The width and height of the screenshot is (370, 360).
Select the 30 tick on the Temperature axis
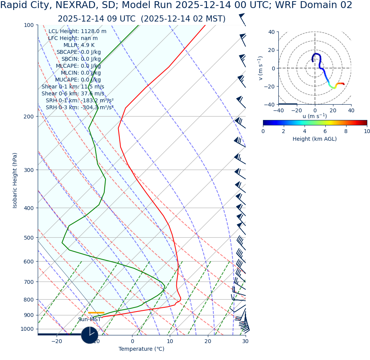tap(245, 341)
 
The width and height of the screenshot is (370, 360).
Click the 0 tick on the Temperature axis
tap(132, 341)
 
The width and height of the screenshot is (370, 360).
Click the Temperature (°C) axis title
tap(141, 349)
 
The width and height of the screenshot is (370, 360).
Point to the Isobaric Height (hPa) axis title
tap(15, 180)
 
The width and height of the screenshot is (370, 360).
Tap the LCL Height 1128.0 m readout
tap(77, 32)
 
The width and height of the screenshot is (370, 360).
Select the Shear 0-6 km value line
tap(73, 94)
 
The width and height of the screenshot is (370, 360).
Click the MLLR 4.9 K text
tap(79, 45)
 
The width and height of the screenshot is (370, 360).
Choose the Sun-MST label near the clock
tap(89, 320)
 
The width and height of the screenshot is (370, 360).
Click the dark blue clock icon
tap(90, 335)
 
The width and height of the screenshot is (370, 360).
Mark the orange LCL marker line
tap(96, 313)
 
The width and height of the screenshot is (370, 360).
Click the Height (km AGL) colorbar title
tap(315, 139)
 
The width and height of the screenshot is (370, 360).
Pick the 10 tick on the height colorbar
tap(367, 132)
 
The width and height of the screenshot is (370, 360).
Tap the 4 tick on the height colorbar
tap(305, 132)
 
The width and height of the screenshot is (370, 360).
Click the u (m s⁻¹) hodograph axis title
tap(315, 116)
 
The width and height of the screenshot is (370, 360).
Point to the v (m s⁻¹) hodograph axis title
tap(261, 68)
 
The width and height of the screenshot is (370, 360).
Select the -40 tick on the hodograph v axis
tap(271, 104)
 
